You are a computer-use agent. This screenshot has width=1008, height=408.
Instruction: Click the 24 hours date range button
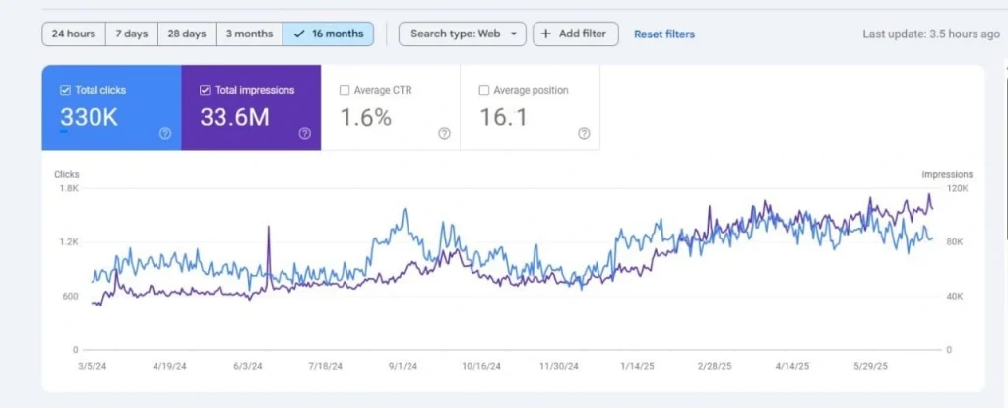coord(74,34)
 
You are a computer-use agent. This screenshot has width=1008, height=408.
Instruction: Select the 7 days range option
coord(131,34)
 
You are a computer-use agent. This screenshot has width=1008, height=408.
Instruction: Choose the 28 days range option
coord(187,34)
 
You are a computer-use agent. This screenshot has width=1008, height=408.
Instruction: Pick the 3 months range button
coord(249,34)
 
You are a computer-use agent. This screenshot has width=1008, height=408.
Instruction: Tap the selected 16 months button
coord(328,34)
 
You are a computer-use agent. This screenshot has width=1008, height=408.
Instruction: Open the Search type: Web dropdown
coord(462,34)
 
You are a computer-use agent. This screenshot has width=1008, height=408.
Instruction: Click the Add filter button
coord(576,34)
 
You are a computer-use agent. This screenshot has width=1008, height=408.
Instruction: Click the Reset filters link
coord(663,34)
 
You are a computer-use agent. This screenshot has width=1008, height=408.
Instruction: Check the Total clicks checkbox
coord(65,90)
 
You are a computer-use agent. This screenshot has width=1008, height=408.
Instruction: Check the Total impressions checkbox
coord(205,90)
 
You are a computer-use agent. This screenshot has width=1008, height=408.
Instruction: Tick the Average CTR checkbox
coord(345,90)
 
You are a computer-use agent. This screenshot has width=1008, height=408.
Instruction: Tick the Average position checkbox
coord(484,90)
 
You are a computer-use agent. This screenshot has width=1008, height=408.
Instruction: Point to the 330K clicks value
coord(89,117)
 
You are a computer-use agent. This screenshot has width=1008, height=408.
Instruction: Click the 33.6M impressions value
coord(233,117)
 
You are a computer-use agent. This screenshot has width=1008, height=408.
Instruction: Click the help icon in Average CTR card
coord(444,134)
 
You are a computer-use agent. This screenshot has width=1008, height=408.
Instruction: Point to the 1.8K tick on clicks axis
coord(68,188)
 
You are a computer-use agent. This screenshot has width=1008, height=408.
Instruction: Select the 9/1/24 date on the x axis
coord(400,365)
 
